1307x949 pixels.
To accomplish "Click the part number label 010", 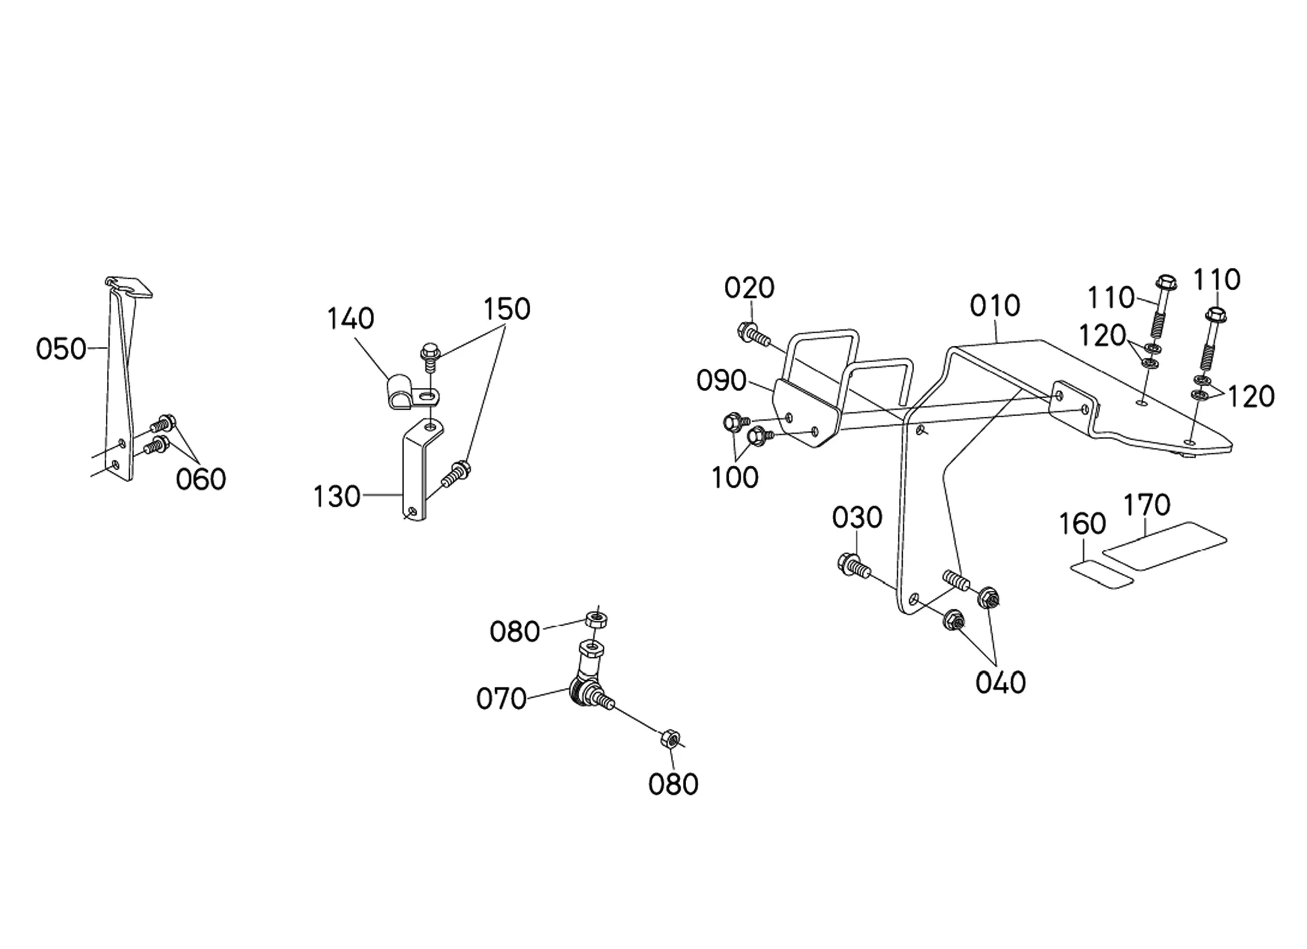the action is click(x=995, y=305).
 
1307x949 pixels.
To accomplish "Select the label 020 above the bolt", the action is click(x=749, y=288).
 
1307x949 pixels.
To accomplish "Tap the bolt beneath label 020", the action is click(x=753, y=334).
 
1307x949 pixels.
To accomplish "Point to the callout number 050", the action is click(x=61, y=349).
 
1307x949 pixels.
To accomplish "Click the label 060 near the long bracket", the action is click(x=201, y=479).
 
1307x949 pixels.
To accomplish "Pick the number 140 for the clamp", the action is click(x=350, y=318).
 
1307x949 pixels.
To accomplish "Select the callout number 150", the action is click(x=507, y=309).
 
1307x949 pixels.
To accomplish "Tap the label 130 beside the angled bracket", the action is click(x=337, y=496).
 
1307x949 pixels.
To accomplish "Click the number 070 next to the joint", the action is click(x=501, y=699).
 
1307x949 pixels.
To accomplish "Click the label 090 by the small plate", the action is click(x=721, y=380).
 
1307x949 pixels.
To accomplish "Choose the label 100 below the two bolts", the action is click(x=735, y=478).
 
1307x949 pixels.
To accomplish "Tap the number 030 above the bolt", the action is click(x=857, y=518).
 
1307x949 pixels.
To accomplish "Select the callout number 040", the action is click(x=1001, y=683).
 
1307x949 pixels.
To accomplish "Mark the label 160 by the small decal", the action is click(x=1082, y=524).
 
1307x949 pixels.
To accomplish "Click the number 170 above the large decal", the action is click(x=1147, y=504).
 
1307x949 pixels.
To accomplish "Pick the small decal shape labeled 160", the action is click(x=1102, y=575).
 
